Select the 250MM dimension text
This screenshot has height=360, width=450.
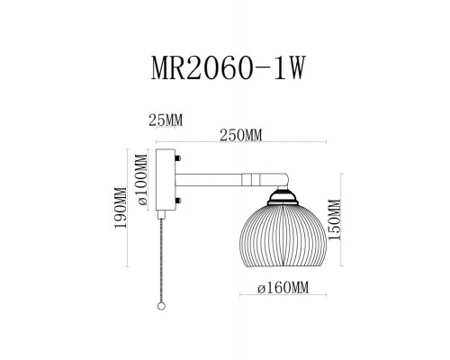[241, 136]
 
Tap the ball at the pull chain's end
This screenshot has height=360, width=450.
[160, 307]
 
